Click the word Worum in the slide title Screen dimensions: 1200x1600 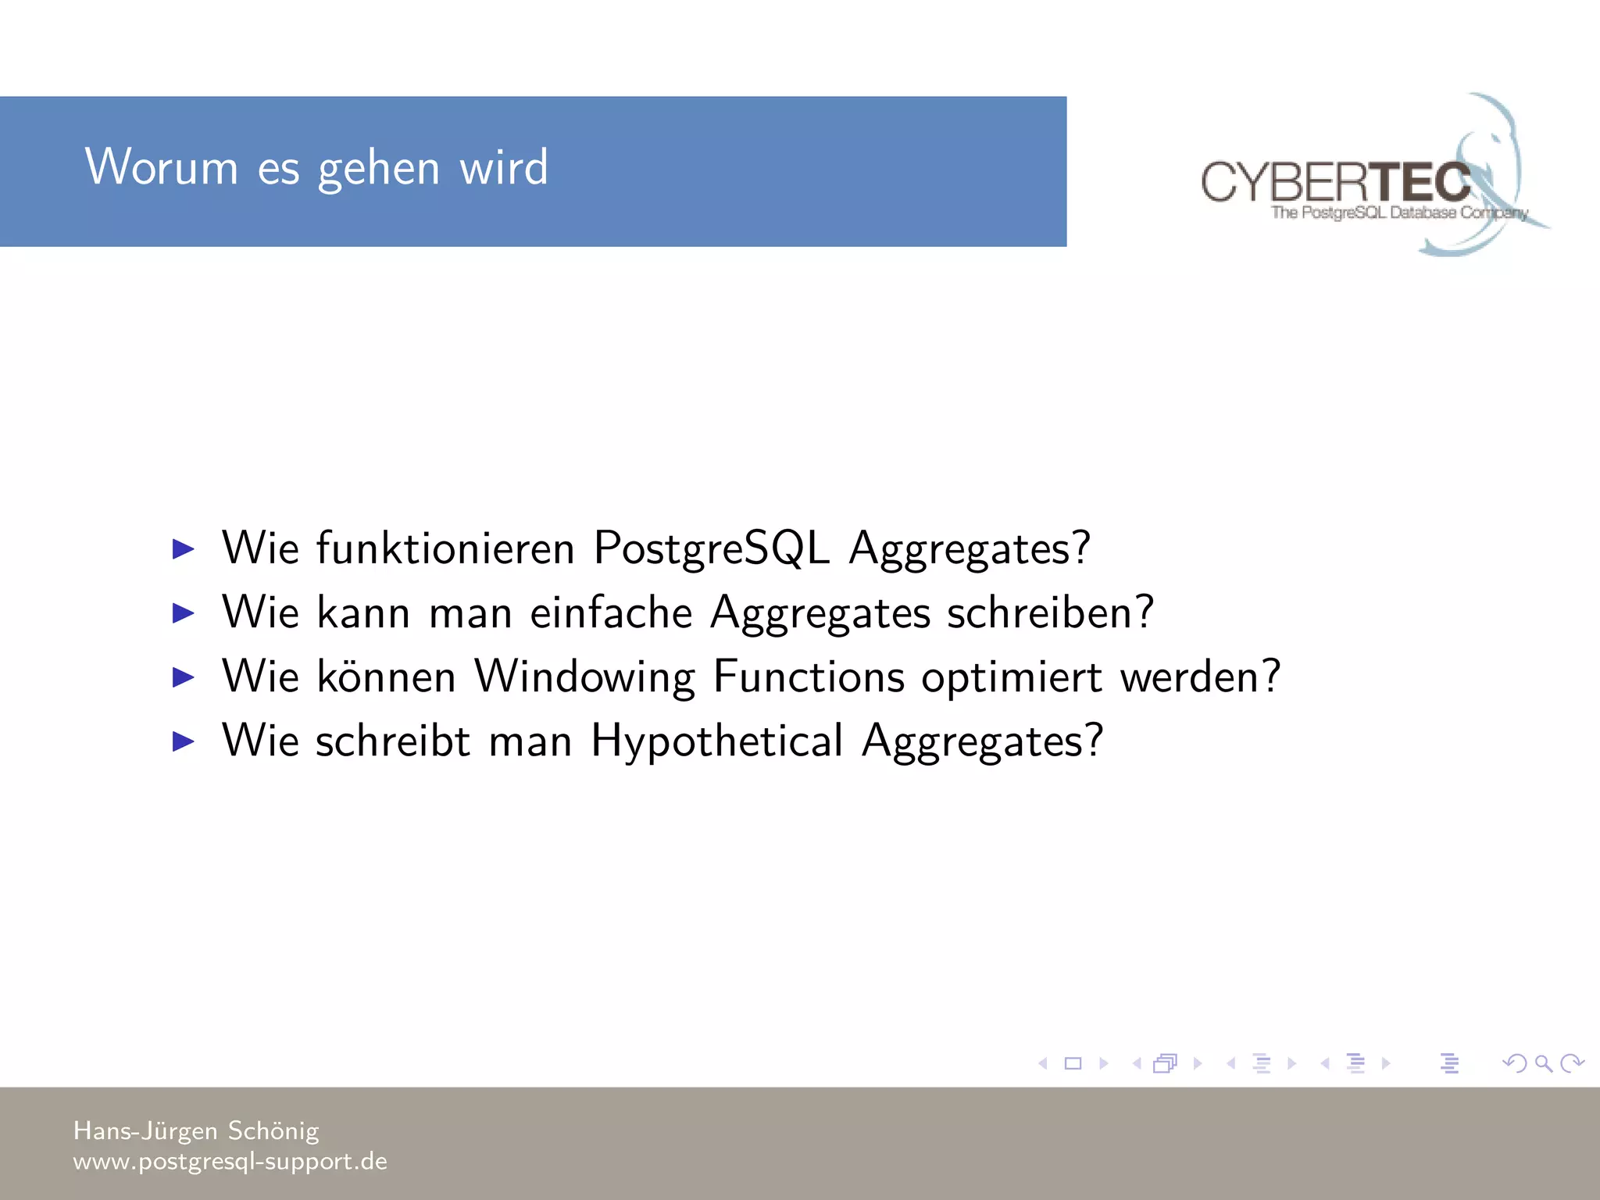[161, 167]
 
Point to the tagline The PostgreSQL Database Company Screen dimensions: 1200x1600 [1398, 212]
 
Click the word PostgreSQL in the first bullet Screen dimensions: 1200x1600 [711, 548]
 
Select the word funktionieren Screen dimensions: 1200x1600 [445, 548]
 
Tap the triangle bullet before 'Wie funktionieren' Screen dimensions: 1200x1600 [183, 549]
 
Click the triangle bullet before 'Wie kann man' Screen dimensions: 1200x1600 [183, 613]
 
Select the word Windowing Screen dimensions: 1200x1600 [584, 677]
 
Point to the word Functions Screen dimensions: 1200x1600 [809, 677]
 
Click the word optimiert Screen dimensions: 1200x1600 [1012, 677]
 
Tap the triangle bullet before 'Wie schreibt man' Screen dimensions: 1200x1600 [183, 741]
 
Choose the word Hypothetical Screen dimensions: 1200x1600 [716, 741]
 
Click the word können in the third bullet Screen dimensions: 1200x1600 [386, 677]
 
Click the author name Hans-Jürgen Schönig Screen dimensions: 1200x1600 [196, 1130]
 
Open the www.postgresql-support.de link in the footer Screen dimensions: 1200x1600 [230, 1161]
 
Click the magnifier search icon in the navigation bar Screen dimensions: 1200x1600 [1543, 1063]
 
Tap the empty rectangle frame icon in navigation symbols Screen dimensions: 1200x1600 [1073, 1063]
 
